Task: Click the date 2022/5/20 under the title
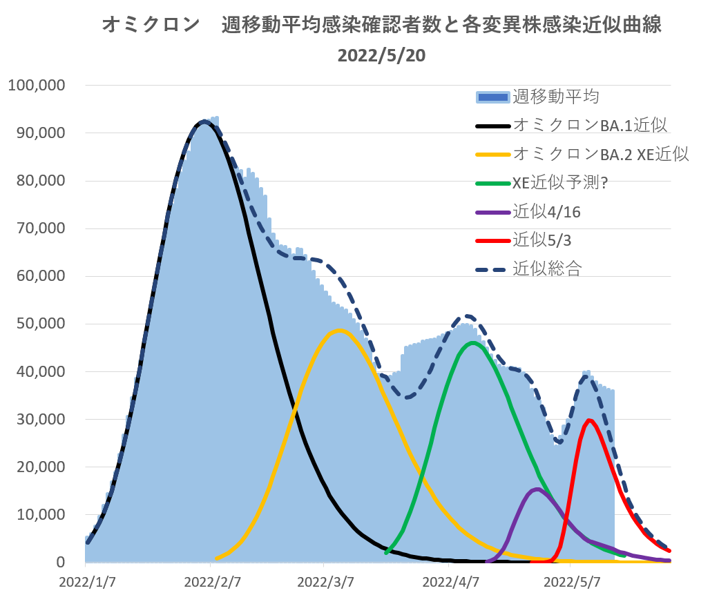pyautogui.click(x=381, y=56)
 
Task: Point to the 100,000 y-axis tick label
pyautogui.click(x=36, y=86)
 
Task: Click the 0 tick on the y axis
pyautogui.click(x=61, y=563)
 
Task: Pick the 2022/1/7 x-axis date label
pyautogui.click(x=87, y=581)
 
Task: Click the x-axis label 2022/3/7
pyautogui.click(x=329, y=581)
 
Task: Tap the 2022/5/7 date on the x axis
pyautogui.click(x=571, y=581)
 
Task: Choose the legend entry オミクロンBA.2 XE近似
pyautogui.click(x=601, y=154)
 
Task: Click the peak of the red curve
pyautogui.click(x=589, y=420)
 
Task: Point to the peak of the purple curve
pyautogui.click(x=537, y=489)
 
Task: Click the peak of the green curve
pyautogui.click(x=472, y=342)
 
